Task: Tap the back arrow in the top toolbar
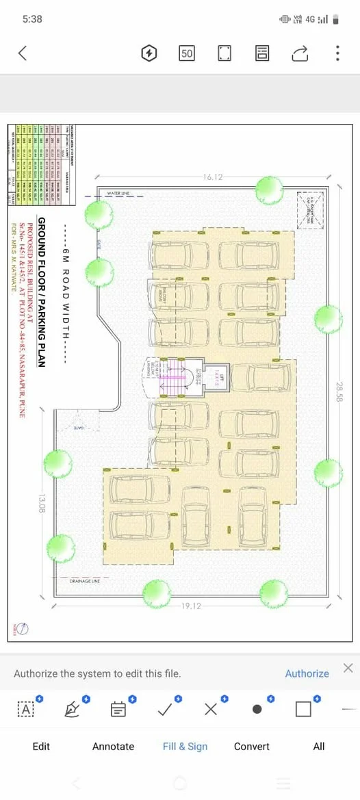click(23, 53)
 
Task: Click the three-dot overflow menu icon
click(337, 53)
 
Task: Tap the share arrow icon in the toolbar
click(300, 53)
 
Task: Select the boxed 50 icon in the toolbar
click(187, 53)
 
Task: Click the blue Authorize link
click(307, 673)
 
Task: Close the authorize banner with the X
click(348, 668)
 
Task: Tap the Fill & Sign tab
click(185, 746)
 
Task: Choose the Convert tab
click(252, 746)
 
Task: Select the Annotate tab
click(113, 746)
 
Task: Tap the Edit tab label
click(41, 746)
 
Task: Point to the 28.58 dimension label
click(339, 391)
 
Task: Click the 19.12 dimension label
click(192, 606)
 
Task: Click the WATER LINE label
click(118, 194)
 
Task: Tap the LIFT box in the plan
click(216, 376)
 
